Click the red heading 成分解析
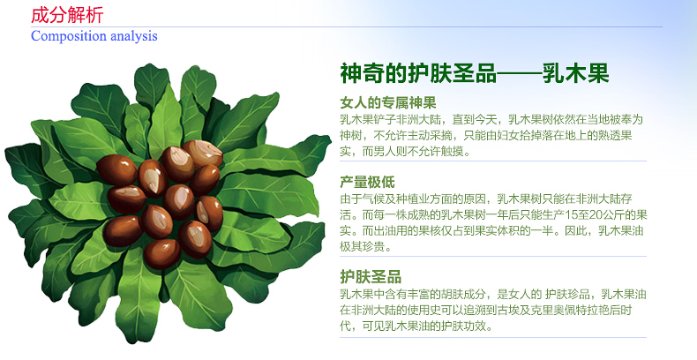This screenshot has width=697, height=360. pos(67,15)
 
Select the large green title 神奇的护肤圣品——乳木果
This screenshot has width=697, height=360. pos(475,73)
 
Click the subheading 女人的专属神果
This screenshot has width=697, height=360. pos(388,102)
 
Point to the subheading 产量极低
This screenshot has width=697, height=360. pos(367,182)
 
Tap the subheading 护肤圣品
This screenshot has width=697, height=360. pos(371,276)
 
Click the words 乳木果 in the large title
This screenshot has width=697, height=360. pos(575,73)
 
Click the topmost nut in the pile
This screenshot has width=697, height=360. pos(202,154)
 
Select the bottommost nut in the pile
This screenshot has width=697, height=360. pos(161,254)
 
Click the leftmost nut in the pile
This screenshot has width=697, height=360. pos(117,170)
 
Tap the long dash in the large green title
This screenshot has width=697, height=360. pos(519,74)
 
